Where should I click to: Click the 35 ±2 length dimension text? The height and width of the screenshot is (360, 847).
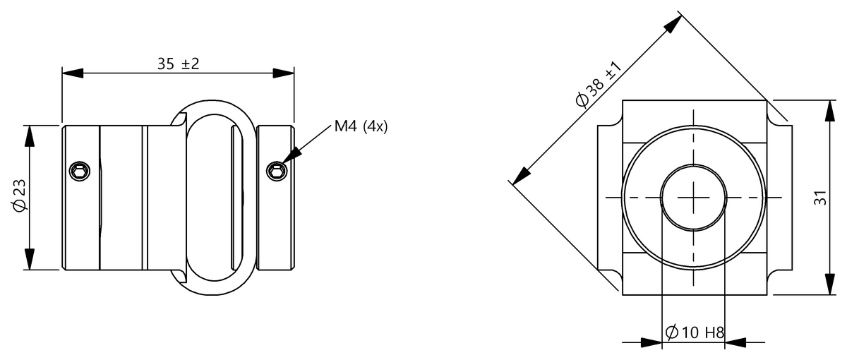click(x=179, y=64)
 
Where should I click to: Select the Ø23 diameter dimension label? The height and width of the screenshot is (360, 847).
click(x=20, y=197)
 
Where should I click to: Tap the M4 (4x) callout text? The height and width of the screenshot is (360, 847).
click(x=361, y=128)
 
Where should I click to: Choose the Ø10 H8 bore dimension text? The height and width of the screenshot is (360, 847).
click(x=695, y=332)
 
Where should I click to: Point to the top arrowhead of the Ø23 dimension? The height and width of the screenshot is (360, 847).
click(x=30, y=135)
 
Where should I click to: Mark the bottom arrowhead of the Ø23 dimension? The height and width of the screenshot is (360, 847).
click(x=30, y=260)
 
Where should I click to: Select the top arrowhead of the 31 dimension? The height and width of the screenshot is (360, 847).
click(x=828, y=109)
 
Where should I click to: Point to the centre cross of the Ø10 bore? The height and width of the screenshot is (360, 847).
click(x=694, y=196)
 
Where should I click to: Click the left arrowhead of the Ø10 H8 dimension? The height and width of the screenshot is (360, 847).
click(x=652, y=343)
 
